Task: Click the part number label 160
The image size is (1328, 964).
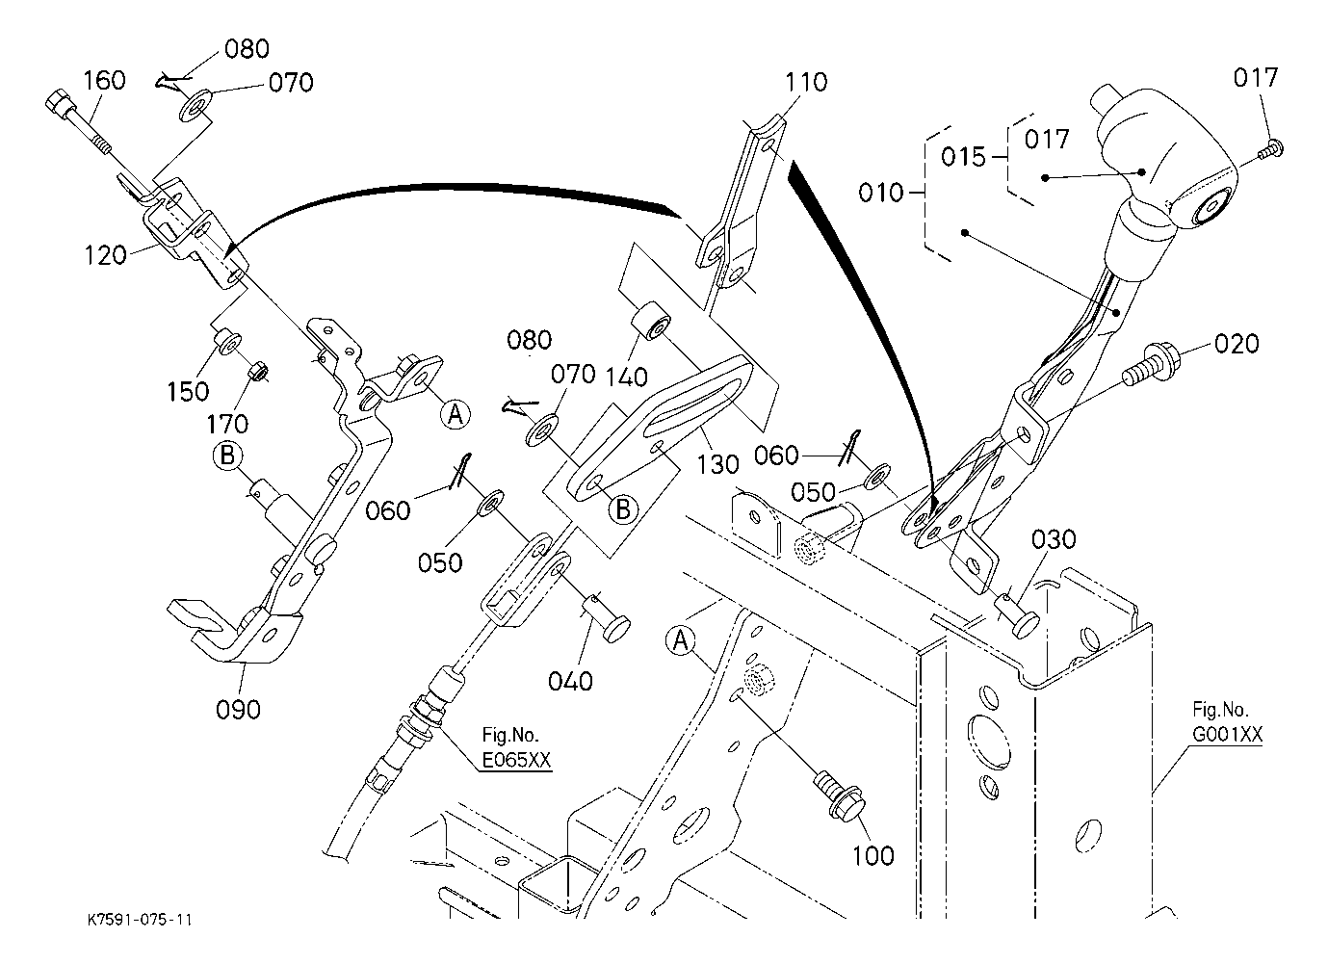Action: (104, 80)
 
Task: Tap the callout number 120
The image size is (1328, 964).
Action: (105, 255)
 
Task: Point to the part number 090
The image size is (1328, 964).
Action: (238, 710)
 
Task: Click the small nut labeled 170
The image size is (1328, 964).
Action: (257, 371)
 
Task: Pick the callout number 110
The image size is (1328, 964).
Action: (805, 83)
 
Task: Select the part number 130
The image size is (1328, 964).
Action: (717, 465)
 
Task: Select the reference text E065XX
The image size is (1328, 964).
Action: (516, 761)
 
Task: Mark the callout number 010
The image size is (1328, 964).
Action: (881, 193)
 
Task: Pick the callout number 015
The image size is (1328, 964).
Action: (963, 156)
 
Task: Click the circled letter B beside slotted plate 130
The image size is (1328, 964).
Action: (623, 509)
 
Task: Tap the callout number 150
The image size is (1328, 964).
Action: (187, 390)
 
